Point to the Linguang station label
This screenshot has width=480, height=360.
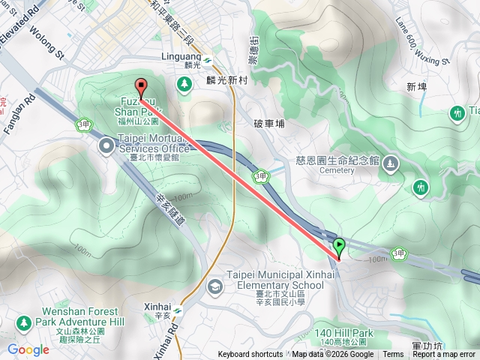(x=182, y=56)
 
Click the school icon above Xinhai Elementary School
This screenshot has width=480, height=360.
(x=215, y=286)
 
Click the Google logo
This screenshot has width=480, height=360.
(x=28, y=349)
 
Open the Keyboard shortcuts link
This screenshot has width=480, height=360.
(x=250, y=355)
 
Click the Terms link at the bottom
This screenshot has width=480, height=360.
(x=393, y=355)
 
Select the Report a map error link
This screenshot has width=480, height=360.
(x=444, y=355)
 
